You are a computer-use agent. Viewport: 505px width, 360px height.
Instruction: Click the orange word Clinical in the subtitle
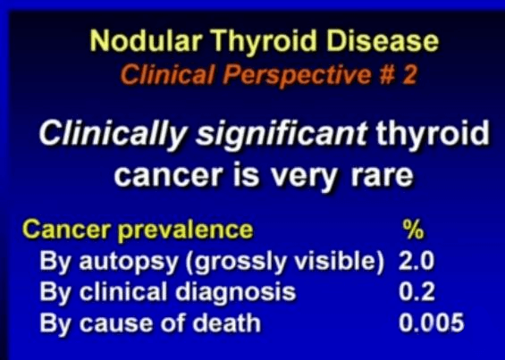point(167,74)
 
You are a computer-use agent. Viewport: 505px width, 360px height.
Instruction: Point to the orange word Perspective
point(297,76)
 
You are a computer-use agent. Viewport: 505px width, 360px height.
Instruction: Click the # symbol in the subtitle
point(387,75)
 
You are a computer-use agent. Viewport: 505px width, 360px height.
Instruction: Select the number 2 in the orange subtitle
point(408,75)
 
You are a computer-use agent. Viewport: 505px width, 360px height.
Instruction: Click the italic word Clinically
point(113,134)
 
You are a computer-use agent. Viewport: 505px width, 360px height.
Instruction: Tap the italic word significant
point(282,134)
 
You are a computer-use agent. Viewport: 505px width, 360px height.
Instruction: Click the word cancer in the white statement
point(169,176)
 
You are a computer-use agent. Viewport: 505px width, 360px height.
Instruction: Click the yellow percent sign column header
point(414,230)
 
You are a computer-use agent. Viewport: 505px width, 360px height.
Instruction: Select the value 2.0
point(417,261)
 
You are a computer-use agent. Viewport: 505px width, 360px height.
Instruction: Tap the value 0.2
point(417,291)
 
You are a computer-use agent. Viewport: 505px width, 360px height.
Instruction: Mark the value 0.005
point(431,322)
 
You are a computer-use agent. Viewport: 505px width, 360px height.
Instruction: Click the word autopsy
point(129,263)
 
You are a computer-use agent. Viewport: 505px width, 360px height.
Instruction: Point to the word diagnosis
point(235,293)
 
